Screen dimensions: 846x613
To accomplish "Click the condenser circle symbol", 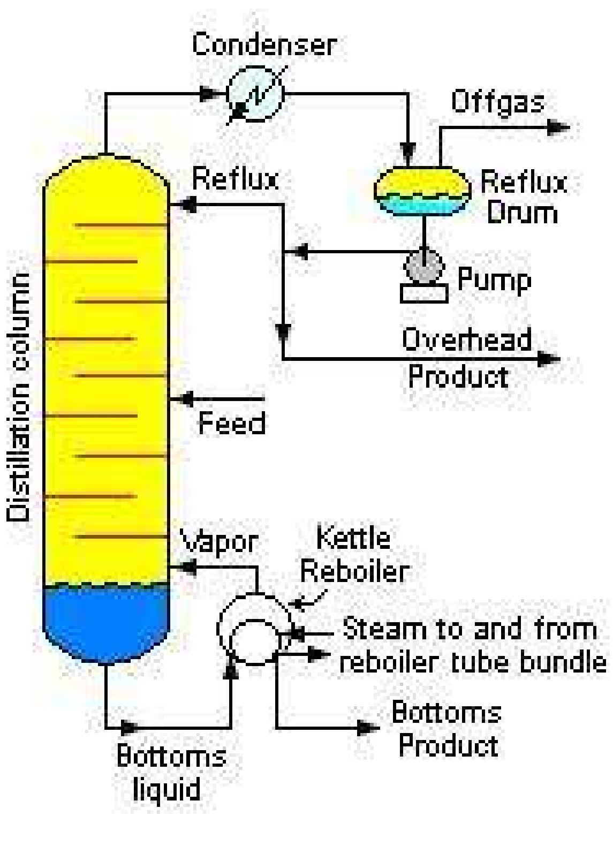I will pos(255,94).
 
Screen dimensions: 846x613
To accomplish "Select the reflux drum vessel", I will pos(422,190).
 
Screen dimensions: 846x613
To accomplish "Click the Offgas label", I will pos(497,102).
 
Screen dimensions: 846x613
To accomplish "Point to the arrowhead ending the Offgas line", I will pos(559,127).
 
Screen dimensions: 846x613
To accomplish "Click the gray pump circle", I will pos(423,266).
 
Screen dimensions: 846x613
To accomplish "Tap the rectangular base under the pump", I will pos(424,293).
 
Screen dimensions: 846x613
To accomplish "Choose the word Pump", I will pos(494,280).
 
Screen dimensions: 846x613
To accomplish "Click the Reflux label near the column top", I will pos(235,179).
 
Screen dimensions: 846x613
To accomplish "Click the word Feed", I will pos(232,424).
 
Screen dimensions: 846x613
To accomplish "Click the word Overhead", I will pos(466,339).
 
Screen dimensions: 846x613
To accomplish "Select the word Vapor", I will pos(220,542).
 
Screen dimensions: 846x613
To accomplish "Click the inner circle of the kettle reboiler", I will pos(255,641).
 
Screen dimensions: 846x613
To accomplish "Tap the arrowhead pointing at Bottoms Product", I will pos(368,728).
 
